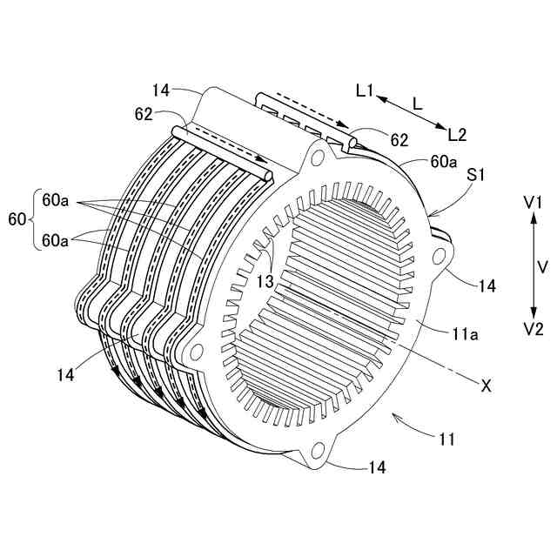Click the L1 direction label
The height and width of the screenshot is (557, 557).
pos(365,91)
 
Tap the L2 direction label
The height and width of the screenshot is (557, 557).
pos(457,134)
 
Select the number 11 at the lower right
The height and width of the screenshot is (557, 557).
pos(446,440)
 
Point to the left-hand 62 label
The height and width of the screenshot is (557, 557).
pos(144,114)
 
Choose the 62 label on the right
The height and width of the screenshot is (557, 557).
pos(399,139)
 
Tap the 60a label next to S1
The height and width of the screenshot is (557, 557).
pos(443,162)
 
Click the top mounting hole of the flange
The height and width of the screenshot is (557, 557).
pos(319,157)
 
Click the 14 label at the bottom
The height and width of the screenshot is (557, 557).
pos(377,468)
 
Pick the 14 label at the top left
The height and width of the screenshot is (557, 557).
pos(161,91)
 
